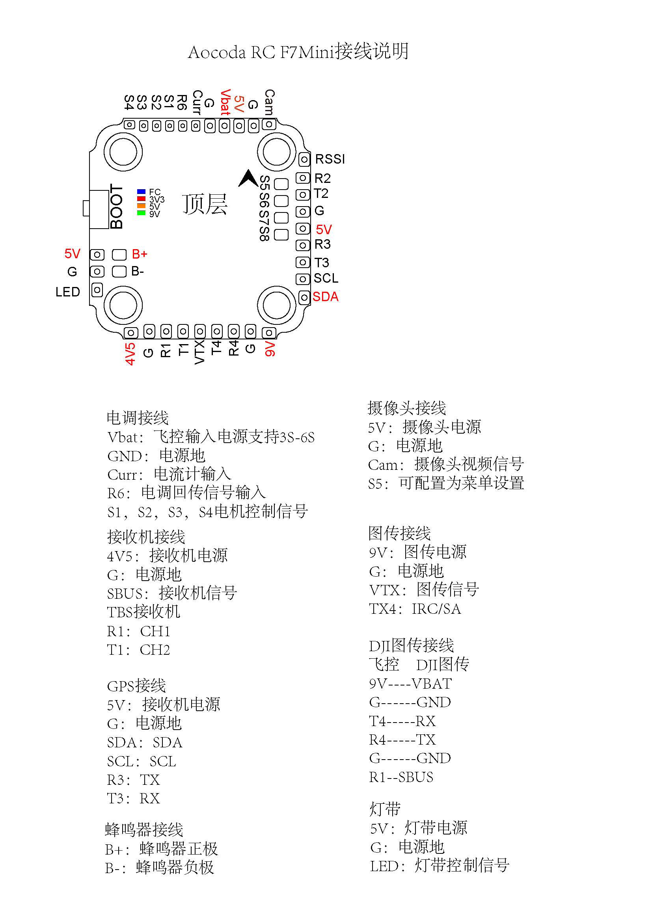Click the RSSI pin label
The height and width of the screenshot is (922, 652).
click(330, 159)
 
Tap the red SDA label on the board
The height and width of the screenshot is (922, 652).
click(326, 297)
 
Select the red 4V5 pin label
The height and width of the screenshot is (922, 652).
click(130, 354)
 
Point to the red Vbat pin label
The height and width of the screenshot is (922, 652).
click(225, 102)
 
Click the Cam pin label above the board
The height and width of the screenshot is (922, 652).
click(269, 102)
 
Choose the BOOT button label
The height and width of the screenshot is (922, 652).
click(116, 207)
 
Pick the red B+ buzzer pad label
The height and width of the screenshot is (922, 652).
click(139, 254)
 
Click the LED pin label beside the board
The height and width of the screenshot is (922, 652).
click(68, 292)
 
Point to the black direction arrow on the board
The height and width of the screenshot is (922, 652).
click(248, 178)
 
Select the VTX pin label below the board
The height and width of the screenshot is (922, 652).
click(199, 352)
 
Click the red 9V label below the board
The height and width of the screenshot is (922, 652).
click(270, 349)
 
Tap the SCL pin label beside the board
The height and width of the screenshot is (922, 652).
click(326, 278)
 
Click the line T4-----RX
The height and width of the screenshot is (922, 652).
click(402, 721)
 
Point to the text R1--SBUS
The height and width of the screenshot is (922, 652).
click(401, 777)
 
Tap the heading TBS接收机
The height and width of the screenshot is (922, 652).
click(144, 612)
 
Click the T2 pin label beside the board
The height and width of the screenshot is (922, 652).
click(321, 194)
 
